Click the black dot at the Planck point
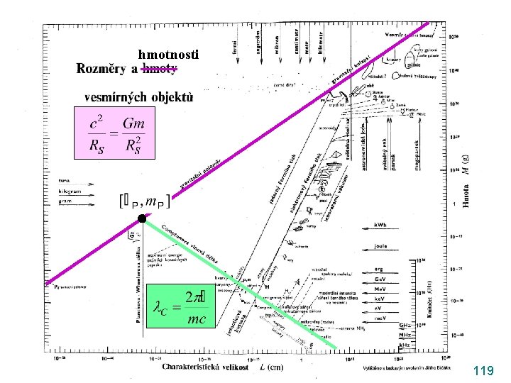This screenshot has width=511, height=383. (x=142, y=219)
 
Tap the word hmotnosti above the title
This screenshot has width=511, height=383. (x=169, y=55)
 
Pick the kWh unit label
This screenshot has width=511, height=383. (x=384, y=225)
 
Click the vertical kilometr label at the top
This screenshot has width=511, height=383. (x=321, y=41)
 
